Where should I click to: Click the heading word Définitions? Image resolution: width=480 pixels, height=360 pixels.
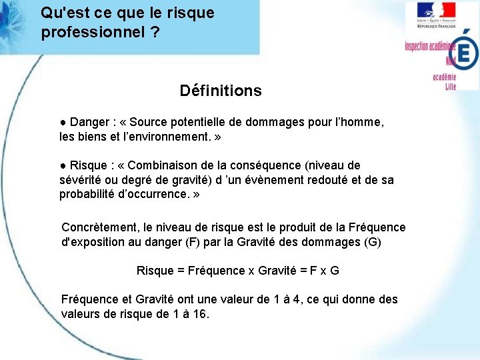pyautogui.click(x=221, y=91)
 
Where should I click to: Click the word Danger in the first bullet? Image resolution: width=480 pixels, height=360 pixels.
pyautogui.click(x=90, y=123)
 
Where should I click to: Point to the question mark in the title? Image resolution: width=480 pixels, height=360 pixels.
pyautogui.click(x=155, y=32)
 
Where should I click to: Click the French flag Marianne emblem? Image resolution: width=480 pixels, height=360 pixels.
pyautogui.click(x=436, y=10)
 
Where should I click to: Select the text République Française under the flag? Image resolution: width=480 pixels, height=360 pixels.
pyautogui.click(x=436, y=26)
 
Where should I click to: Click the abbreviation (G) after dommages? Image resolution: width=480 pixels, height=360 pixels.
pyautogui.click(x=373, y=242)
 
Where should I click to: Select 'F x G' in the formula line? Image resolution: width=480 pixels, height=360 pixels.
pyautogui.click(x=325, y=271)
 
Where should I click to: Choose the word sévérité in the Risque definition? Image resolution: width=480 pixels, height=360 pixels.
pyautogui.click(x=80, y=180)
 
